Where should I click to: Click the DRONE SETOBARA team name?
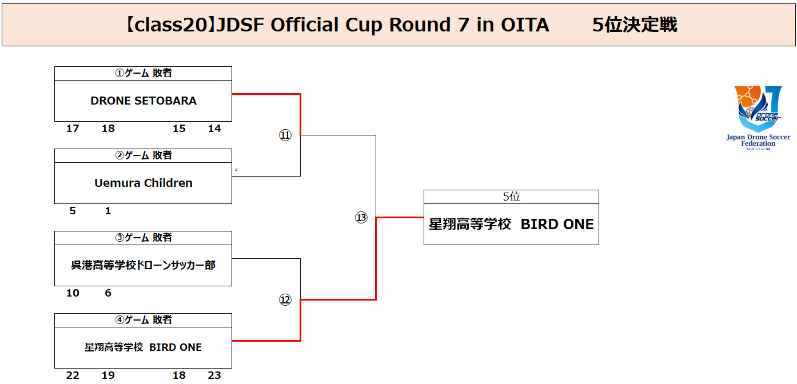click(144, 101)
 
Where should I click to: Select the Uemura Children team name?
click(144, 183)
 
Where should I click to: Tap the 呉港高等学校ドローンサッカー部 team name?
click(144, 265)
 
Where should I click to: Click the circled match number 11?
click(285, 135)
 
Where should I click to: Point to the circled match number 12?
click(285, 300)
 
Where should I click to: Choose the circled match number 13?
click(361, 218)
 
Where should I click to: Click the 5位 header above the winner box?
click(511, 197)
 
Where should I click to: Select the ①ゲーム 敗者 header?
click(144, 73)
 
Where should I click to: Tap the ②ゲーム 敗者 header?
click(144, 155)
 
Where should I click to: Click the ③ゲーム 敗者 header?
click(144, 238)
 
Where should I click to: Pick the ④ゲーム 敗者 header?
click(144, 320)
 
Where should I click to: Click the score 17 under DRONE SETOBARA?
click(73, 129)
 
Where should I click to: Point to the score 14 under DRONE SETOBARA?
click(214, 129)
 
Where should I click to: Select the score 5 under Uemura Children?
click(73, 211)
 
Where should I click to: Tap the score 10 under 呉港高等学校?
click(73, 293)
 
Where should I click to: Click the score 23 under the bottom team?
click(214, 375)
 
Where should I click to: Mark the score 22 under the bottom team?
click(73, 375)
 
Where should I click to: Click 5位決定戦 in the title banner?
click(635, 25)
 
